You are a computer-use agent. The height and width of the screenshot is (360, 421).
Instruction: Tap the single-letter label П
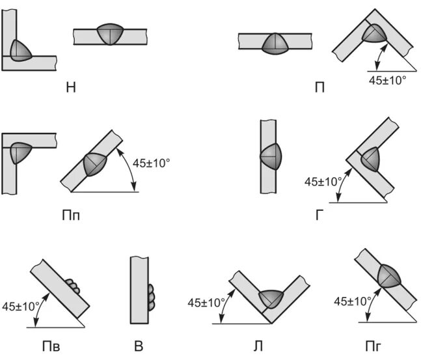[319, 87]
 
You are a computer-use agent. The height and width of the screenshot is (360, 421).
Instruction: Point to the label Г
[319, 214]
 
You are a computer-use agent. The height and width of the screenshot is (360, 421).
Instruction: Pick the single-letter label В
[139, 345]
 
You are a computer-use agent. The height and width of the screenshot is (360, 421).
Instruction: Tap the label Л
[259, 345]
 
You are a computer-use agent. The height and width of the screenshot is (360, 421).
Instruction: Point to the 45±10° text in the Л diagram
[207, 302]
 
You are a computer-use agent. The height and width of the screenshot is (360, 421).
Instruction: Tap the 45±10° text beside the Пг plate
[352, 301]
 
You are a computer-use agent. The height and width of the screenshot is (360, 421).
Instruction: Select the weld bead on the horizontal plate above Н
[109, 35]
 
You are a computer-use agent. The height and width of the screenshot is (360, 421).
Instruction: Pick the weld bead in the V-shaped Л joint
[272, 298]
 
